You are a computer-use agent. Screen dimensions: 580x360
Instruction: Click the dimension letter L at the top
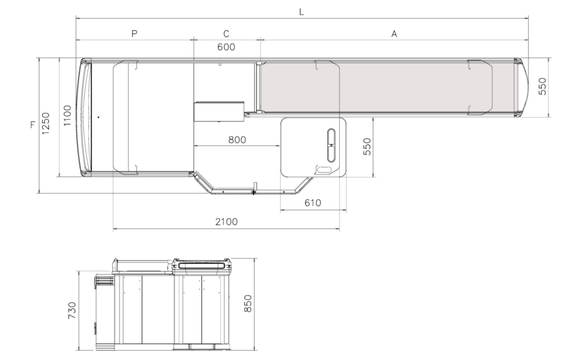[x=301, y=12]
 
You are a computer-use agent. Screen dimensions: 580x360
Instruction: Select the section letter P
[x=134, y=33]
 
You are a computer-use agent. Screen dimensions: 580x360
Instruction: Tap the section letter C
[x=226, y=33]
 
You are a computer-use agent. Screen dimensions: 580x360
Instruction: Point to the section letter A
[x=394, y=33]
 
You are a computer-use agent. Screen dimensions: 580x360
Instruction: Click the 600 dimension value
[x=226, y=47]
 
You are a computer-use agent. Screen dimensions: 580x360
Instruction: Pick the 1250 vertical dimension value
[x=45, y=123]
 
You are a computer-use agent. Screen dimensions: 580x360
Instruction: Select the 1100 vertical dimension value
[x=67, y=116]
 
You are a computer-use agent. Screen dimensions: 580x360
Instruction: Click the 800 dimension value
[x=237, y=140]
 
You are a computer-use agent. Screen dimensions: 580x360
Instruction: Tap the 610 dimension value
[x=313, y=203]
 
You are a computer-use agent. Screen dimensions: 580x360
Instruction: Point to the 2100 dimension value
[x=226, y=222]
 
